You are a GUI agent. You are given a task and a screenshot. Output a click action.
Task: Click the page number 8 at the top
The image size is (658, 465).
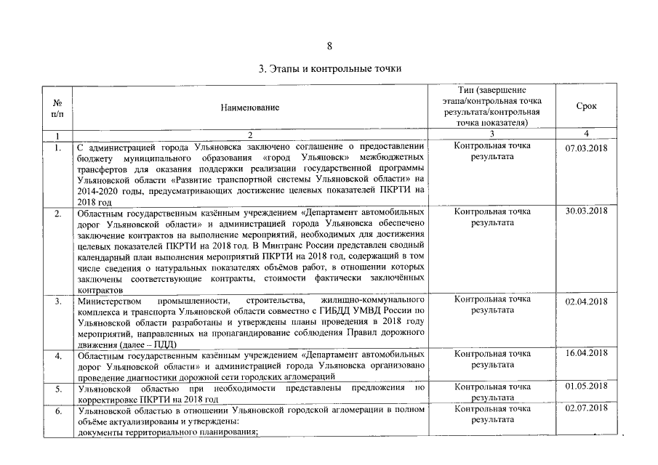click(x=329, y=46)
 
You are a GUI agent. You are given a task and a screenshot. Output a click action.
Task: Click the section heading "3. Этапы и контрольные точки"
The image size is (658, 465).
click(x=329, y=69)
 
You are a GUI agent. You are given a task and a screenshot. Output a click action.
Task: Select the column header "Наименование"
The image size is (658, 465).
click(x=250, y=107)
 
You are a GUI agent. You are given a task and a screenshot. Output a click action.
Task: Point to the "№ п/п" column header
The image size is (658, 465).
click(x=57, y=107)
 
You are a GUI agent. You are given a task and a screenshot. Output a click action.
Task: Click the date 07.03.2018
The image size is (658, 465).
click(x=586, y=147)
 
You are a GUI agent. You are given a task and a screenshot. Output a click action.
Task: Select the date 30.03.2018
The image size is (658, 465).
click(x=586, y=211)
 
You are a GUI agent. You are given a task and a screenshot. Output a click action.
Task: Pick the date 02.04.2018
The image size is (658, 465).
click(x=586, y=301)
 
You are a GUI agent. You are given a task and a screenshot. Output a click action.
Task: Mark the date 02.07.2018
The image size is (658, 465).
click(x=586, y=408)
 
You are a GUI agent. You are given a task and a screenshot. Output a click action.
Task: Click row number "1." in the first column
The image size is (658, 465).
click(x=57, y=147)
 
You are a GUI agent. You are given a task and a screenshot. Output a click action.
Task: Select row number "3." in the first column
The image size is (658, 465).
click(x=57, y=300)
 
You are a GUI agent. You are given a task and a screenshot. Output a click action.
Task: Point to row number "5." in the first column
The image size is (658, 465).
click(x=57, y=389)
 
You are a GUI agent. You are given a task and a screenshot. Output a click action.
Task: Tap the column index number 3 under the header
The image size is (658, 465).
click(x=492, y=134)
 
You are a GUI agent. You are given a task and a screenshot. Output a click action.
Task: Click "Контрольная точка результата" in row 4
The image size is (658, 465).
click(x=492, y=359)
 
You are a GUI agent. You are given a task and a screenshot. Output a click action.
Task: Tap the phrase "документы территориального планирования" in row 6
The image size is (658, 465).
click(x=167, y=432)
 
